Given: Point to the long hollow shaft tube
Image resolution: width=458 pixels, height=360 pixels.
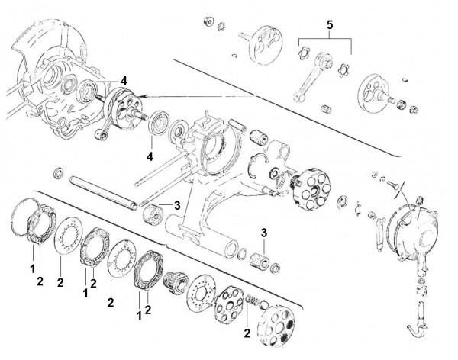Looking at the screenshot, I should (x=104, y=191).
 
